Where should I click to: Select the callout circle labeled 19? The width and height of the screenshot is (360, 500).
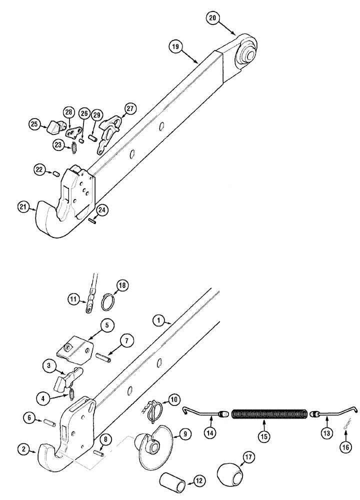point(175,47)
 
